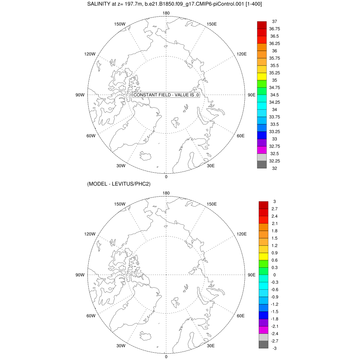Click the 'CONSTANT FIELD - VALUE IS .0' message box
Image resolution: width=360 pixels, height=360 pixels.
166,95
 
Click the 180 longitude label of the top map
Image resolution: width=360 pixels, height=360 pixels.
166,13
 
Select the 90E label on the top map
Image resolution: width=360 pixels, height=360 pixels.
252,95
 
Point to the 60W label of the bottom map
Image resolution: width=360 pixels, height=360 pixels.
91,316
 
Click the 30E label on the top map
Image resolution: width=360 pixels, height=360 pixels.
211,166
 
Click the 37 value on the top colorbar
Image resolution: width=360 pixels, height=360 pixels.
275,21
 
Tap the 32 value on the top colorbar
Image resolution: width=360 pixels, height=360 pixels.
275,168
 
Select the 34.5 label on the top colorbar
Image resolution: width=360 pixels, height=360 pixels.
275,95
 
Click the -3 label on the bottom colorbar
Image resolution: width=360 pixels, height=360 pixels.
275,348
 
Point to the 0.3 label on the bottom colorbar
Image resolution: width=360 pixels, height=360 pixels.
275,267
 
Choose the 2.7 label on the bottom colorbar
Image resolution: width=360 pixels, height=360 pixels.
275,208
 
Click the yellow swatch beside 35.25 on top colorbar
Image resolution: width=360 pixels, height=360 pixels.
262,76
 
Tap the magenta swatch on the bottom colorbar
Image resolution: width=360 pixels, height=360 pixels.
264,330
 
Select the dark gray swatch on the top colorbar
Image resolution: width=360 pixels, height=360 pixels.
262,165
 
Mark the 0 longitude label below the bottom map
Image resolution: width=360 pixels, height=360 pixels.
166,356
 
